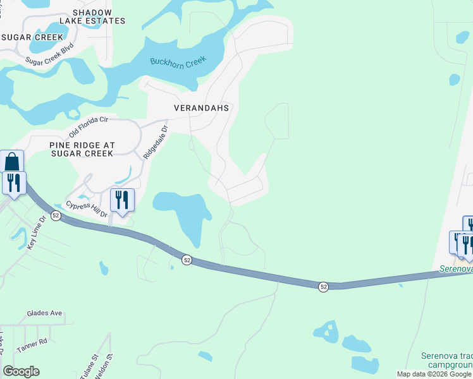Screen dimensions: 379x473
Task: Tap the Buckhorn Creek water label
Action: [x=178, y=63]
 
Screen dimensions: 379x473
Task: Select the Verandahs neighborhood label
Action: [x=201, y=108]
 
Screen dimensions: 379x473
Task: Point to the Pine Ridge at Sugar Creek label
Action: [x=82, y=148]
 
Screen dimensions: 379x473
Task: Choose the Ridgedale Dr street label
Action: [x=156, y=140]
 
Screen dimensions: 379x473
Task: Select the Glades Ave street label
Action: [x=44, y=313]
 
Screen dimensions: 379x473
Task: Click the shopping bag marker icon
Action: [x=12, y=162]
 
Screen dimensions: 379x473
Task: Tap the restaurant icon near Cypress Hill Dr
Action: [x=122, y=200]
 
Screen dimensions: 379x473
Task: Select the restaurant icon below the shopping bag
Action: [x=13, y=183]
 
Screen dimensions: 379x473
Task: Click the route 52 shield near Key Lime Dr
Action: [x=56, y=216]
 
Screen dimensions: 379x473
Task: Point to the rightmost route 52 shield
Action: [x=324, y=287]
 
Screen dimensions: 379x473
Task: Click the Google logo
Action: [x=21, y=371]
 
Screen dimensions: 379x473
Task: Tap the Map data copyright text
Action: [x=434, y=374]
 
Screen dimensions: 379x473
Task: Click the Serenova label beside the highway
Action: [x=456, y=269]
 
